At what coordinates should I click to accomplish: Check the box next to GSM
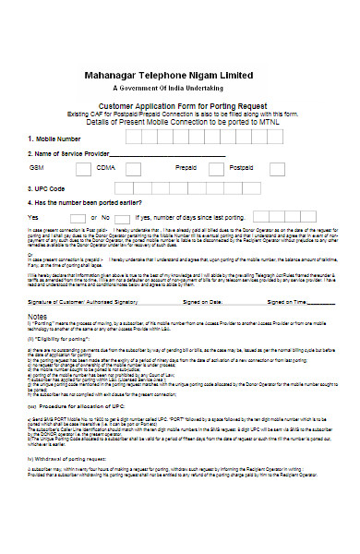[x=82, y=169]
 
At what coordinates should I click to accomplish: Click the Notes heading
[x=41, y=313]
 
